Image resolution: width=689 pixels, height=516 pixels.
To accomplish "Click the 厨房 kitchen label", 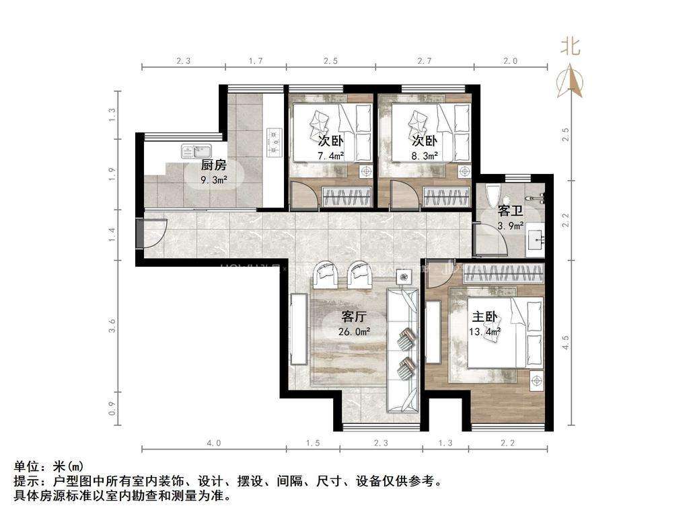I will click(213, 165).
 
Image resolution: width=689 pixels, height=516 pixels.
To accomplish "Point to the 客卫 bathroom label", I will click(510, 211).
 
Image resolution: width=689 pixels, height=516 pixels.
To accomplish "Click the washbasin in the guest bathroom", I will click(536, 237).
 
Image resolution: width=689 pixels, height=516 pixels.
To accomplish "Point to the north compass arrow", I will click(572, 80).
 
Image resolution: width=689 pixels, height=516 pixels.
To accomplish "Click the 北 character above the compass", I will click(571, 46).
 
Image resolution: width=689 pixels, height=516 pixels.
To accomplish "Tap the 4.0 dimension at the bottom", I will click(213, 443).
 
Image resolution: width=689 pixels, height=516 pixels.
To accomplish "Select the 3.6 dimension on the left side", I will click(113, 326).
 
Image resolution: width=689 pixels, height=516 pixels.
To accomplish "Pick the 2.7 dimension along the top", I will click(425, 61).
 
